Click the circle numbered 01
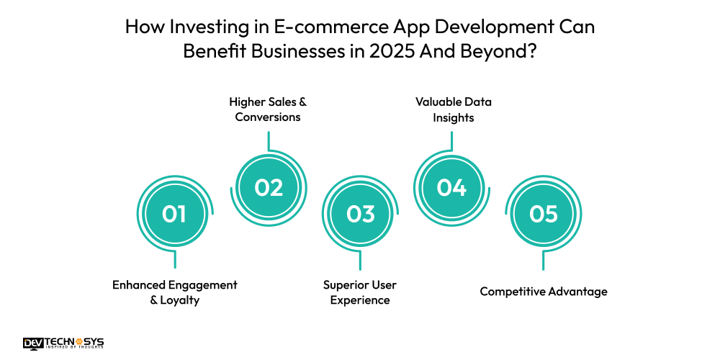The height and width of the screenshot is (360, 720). [x=175, y=214]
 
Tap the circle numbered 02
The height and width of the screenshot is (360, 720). [x=269, y=187]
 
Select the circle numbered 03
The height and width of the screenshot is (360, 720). [x=361, y=214]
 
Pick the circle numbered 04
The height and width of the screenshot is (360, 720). [x=452, y=187]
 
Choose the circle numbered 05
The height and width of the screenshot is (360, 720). [x=544, y=214]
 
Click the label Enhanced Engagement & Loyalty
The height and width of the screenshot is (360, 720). [x=175, y=292]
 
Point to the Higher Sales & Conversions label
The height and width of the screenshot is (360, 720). [x=268, y=109]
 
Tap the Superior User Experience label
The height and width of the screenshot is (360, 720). [x=360, y=292]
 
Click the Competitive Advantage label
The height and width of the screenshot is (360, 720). [x=544, y=292]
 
